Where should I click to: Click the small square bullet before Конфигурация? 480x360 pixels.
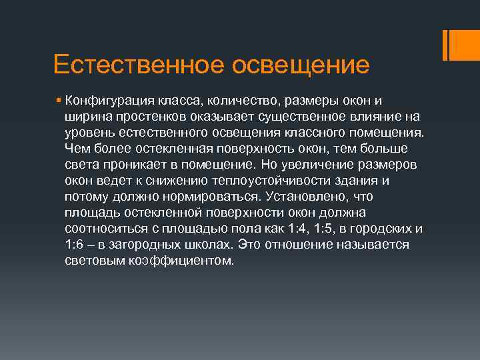(59, 101)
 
